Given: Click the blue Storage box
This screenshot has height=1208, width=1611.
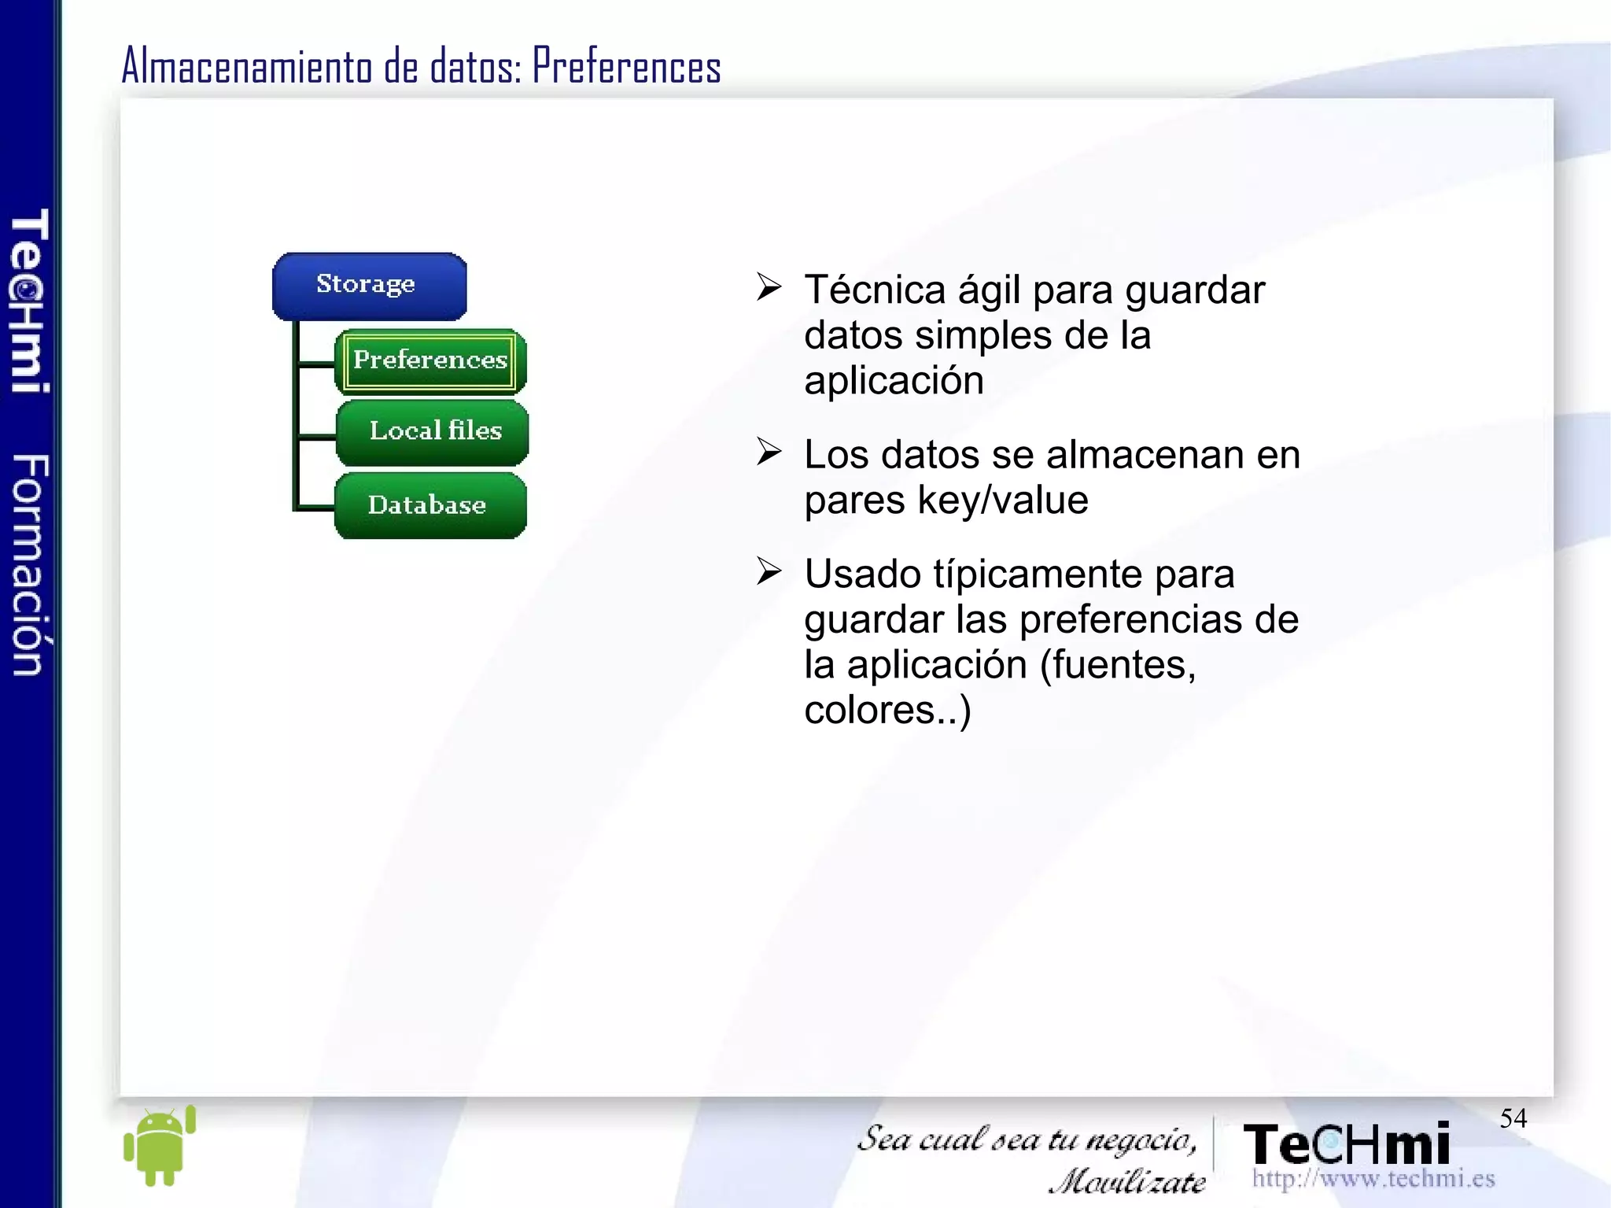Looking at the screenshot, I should [369, 286].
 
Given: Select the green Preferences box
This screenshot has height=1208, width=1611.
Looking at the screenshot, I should [430, 361].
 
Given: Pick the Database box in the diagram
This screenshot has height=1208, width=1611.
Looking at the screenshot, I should [429, 505].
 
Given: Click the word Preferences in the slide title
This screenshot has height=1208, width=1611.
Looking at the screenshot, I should [626, 66].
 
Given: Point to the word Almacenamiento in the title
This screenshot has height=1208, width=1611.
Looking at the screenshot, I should [247, 66].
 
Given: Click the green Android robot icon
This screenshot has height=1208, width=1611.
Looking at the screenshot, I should [160, 1146].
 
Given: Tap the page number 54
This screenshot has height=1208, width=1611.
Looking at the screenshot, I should [1513, 1118].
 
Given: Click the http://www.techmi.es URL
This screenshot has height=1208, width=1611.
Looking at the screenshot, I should [1373, 1178].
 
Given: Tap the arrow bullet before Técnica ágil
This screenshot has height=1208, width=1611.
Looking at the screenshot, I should [769, 287].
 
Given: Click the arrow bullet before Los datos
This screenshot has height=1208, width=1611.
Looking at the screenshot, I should [769, 452].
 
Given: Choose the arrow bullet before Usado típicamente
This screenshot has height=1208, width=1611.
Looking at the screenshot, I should [769, 571].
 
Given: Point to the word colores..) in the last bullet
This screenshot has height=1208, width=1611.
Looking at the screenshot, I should [887, 711].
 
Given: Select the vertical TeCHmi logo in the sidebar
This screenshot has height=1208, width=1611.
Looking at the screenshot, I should [30, 301].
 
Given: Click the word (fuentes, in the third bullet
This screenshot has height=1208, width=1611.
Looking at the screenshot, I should [1118, 665].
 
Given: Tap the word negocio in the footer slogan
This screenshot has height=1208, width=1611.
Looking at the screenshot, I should [1141, 1139].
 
